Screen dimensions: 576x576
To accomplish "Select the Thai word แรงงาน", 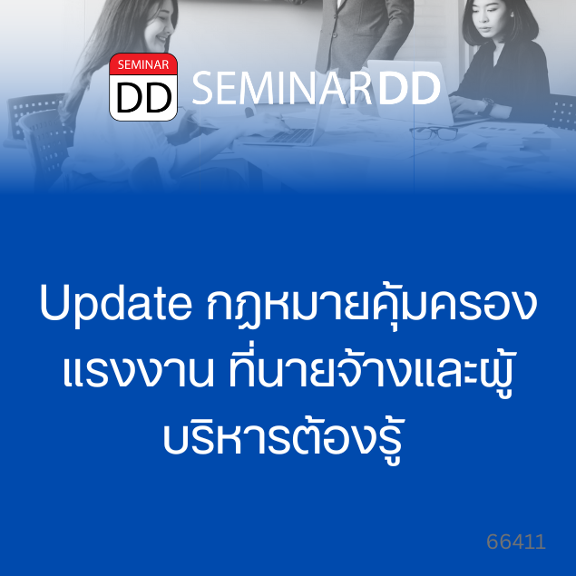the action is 138,370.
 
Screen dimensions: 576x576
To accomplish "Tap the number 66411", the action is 516,542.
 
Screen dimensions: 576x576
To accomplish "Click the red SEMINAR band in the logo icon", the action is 143,64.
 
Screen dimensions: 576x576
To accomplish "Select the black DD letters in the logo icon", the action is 143,98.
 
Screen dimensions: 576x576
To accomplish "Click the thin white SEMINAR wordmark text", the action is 281,88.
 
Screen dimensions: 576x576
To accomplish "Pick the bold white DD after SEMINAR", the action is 408,88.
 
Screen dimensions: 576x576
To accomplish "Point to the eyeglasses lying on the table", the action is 434,132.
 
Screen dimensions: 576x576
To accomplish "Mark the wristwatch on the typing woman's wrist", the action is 489,105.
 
